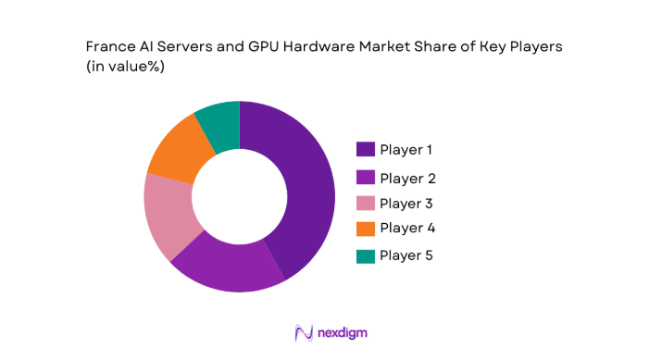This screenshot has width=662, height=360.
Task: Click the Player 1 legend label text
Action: [x=406, y=149]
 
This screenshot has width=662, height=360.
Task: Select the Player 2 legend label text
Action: [x=407, y=178]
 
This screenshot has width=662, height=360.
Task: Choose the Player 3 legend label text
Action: [x=406, y=203]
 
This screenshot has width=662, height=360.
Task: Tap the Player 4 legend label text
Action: [x=407, y=228]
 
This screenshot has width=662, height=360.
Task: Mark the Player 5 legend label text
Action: [x=406, y=254]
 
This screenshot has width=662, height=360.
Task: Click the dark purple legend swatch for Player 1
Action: [x=365, y=149]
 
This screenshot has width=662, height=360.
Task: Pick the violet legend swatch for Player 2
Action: [x=365, y=178]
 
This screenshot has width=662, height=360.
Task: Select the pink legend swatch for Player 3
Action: [x=365, y=204]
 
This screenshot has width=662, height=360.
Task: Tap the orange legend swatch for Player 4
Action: [x=365, y=229]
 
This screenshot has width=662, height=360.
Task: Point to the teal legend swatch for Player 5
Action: [x=365, y=254]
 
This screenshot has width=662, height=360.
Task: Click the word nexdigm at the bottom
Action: [x=344, y=332]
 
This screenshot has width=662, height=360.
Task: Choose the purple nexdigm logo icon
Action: [x=303, y=332]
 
